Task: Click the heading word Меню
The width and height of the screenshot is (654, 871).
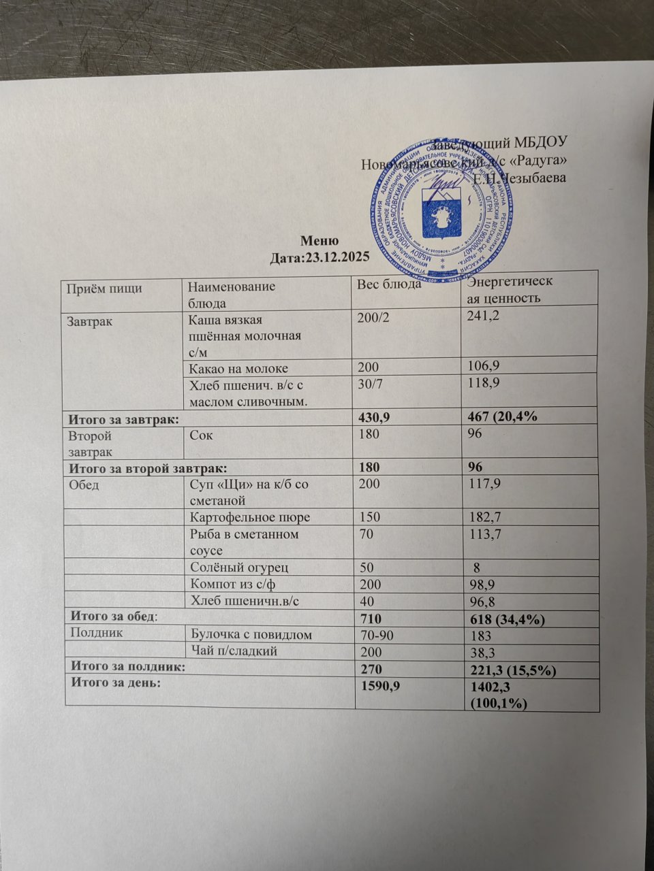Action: click(316, 242)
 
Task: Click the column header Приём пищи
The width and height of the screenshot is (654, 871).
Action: click(104, 288)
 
